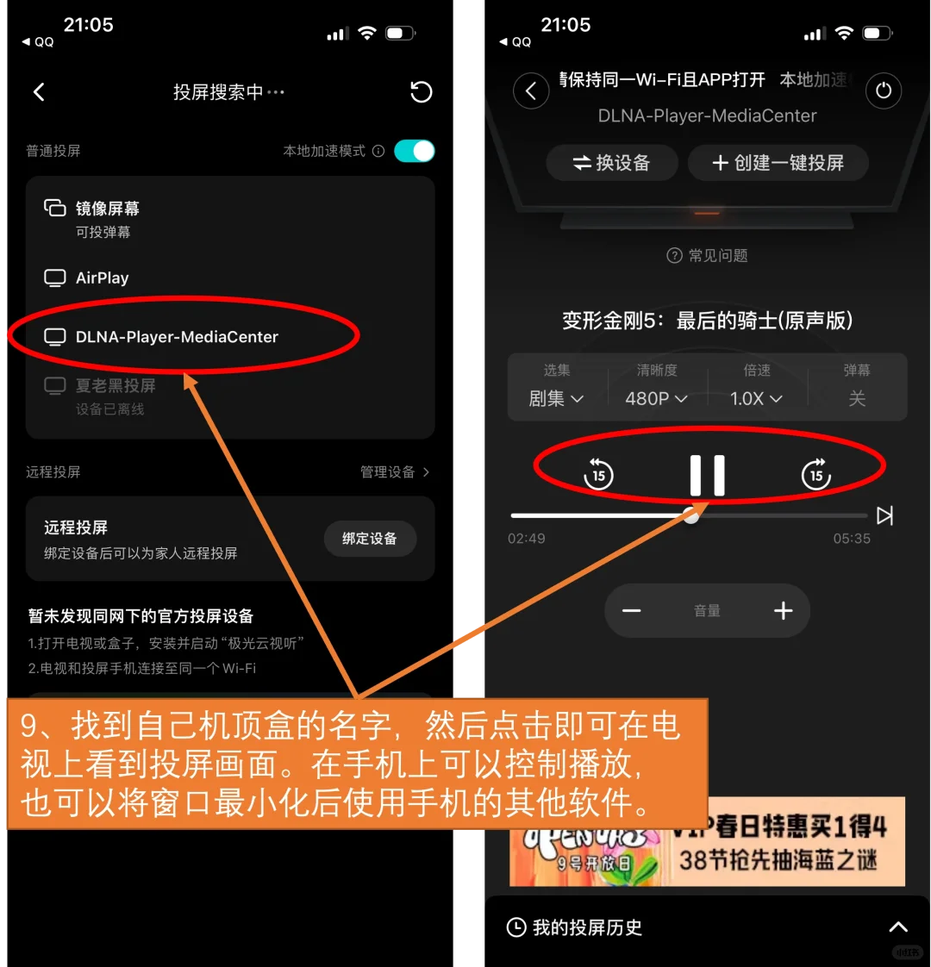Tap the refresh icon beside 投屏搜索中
[x=421, y=92]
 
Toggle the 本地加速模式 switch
[x=414, y=151]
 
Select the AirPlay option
[x=102, y=278]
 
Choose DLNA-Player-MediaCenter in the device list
[x=176, y=337]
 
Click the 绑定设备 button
[x=370, y=539]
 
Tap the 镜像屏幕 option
[x=107, y=209]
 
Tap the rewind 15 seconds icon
[x=598, y=474]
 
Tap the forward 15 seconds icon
[x=815, y=474]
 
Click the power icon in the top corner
[x=884, y=90]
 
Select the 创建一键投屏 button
[x=778, y=163]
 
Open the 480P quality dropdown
[x=656, y=398]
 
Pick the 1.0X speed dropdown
[x=756, y=398]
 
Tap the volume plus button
[x=783, y=611]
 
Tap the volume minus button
[x=632, y=611]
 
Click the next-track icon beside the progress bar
[x=884, y=515]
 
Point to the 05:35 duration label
[x=852, y=539]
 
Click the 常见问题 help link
[x=708, y=255]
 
